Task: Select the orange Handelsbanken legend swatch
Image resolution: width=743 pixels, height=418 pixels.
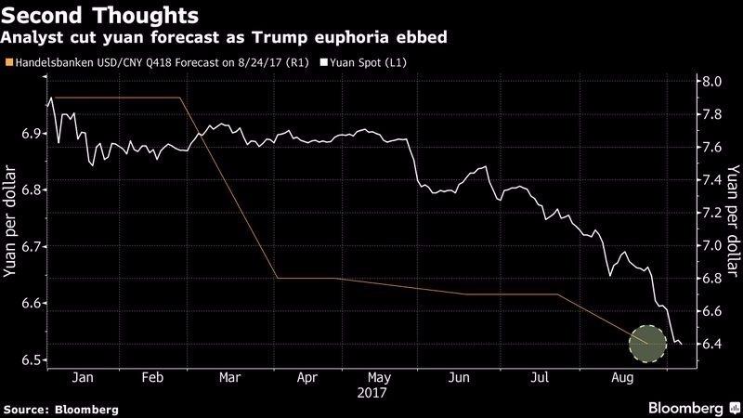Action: [x=9, y=63]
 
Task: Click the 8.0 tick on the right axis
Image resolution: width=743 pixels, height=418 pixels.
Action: [x=712, y=82]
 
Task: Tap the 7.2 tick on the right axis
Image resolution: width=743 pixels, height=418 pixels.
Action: [x=712, y=213]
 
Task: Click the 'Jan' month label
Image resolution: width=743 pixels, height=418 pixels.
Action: [x=82, y=379]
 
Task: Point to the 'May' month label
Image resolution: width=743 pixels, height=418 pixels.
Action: [x=378, y=379]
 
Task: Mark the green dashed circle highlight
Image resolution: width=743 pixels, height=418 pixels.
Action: [x=648, y=345]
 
